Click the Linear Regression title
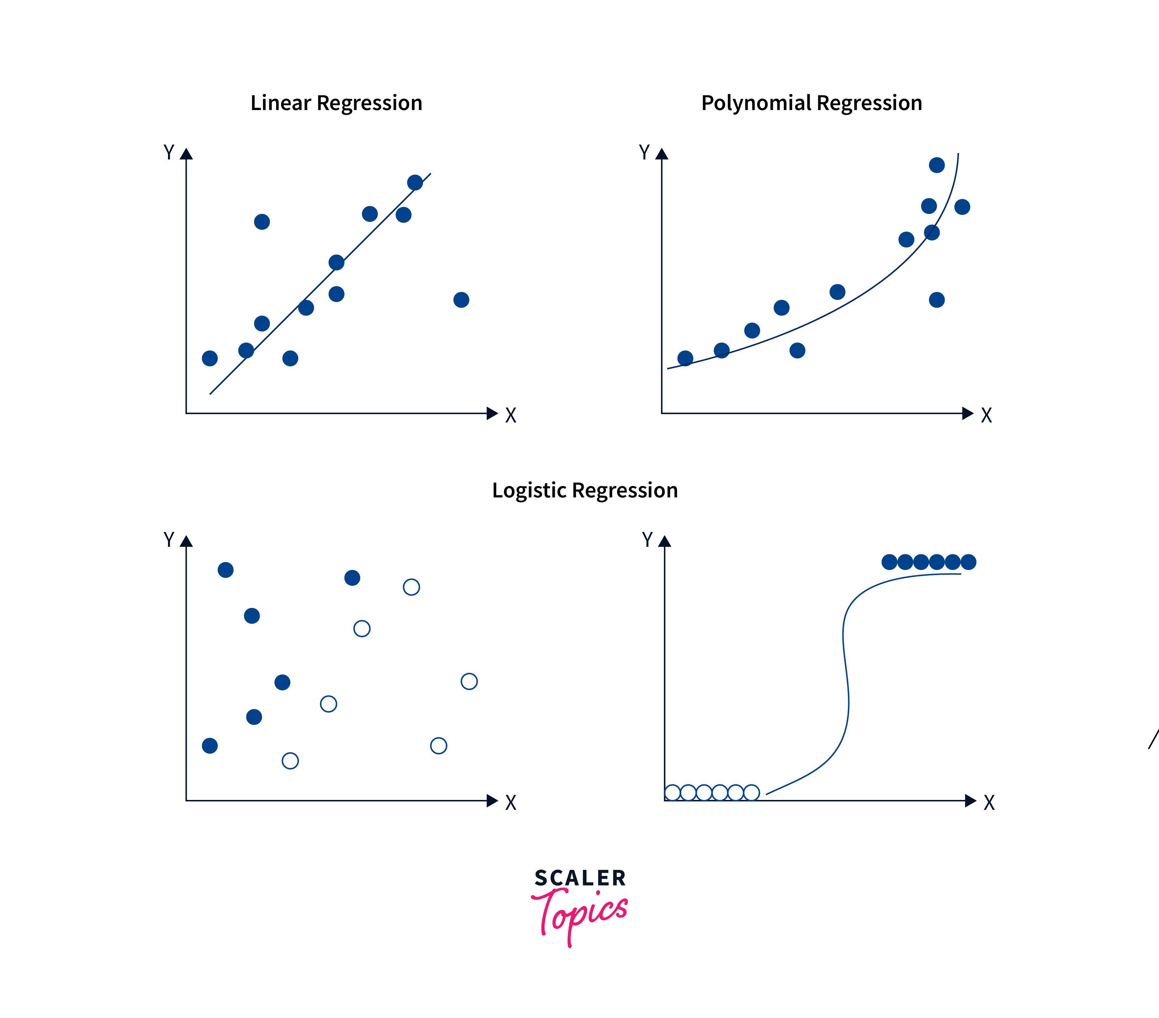(x=336, y=103)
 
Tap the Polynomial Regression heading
(x=811, y=103)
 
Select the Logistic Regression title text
(x=584, y=490)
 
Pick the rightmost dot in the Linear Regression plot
(x=461, y=300)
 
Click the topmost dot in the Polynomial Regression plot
(x=937, y=165)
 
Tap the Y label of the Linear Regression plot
(x=168, y=152)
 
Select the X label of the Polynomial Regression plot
(x=987, y=415)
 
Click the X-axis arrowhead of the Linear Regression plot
(x=492, y=413)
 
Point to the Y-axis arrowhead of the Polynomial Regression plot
(x=662, y=154)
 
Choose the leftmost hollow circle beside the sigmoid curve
(x=672, y=792)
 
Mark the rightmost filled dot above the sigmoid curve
(x=969, y=562)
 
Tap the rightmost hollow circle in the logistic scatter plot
(x=469, y=681)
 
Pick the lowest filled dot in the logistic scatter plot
(x=210, y=745)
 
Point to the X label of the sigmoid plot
(x=989, y=803)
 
